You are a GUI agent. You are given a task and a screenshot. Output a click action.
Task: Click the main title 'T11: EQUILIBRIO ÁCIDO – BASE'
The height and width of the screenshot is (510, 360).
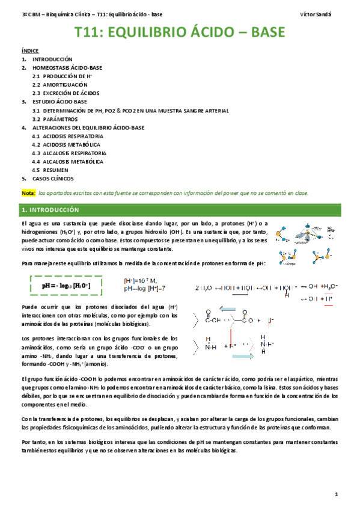tap(179, 33)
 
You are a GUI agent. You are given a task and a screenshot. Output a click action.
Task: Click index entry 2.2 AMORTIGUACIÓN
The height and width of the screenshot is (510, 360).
tap(64, 85)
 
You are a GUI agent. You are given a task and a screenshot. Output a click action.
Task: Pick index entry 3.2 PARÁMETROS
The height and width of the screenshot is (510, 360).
tap(58, 119)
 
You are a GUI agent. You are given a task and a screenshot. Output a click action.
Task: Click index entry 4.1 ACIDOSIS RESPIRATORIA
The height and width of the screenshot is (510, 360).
tap(68, 137)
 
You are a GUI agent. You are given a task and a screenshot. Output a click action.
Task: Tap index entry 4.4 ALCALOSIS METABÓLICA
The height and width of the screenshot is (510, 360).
tap(67, 162)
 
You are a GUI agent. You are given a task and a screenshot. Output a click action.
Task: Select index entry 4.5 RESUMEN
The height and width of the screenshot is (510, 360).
tap(55, 170)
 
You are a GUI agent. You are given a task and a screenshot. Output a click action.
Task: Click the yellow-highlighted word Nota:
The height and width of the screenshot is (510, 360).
tap(28, 193)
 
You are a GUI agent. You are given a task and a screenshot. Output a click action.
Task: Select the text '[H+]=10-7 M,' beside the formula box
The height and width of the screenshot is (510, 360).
tap(140, 280)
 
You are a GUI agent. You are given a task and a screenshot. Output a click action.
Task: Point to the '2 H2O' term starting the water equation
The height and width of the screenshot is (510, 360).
tap(204, 288)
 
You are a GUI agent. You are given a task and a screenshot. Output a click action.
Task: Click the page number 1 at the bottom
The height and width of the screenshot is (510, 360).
tap(337, 494)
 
